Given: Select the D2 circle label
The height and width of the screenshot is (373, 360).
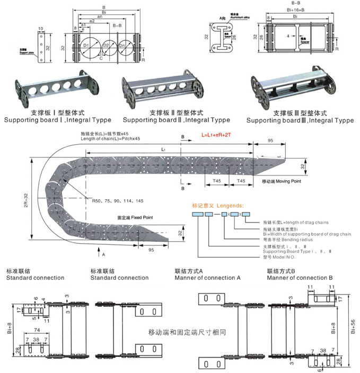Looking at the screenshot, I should tap(106, 46).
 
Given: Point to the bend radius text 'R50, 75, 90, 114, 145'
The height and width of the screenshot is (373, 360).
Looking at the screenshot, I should tap(117, 201).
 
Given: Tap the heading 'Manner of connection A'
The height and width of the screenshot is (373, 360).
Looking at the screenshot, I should tap(208, 278).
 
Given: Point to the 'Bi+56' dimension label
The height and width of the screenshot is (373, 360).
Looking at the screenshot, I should tap(353, 324).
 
